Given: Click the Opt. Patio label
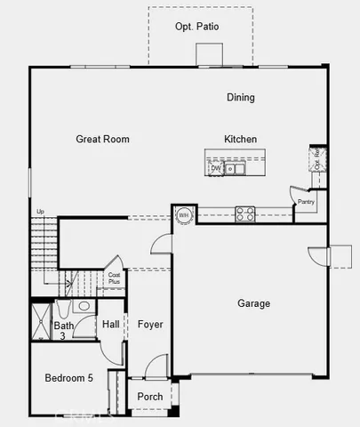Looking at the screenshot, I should click(197, 27).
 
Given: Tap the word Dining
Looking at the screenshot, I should click(240, 98).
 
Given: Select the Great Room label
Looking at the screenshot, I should click(102, 139).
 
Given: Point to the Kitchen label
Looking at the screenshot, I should click(240, 139).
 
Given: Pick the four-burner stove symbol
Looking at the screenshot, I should click(244, 213).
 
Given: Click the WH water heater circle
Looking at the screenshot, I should click(184, 214).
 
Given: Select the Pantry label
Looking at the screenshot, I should click(306, 202).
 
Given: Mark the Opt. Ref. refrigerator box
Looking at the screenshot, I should click(316, 159).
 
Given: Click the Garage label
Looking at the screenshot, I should click(253, 303).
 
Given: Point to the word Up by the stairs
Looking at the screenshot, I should click(40, 211).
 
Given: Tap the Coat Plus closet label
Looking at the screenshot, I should click(114, 278).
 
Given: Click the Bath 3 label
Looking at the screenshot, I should click(64, 331).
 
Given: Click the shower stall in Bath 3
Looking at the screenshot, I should click(42, 322).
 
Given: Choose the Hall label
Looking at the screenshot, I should click(110, 325).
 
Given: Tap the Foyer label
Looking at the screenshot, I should click(150, 325).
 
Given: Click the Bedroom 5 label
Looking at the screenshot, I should click(68, 378).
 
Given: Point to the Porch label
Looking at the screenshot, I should click(149, 396).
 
